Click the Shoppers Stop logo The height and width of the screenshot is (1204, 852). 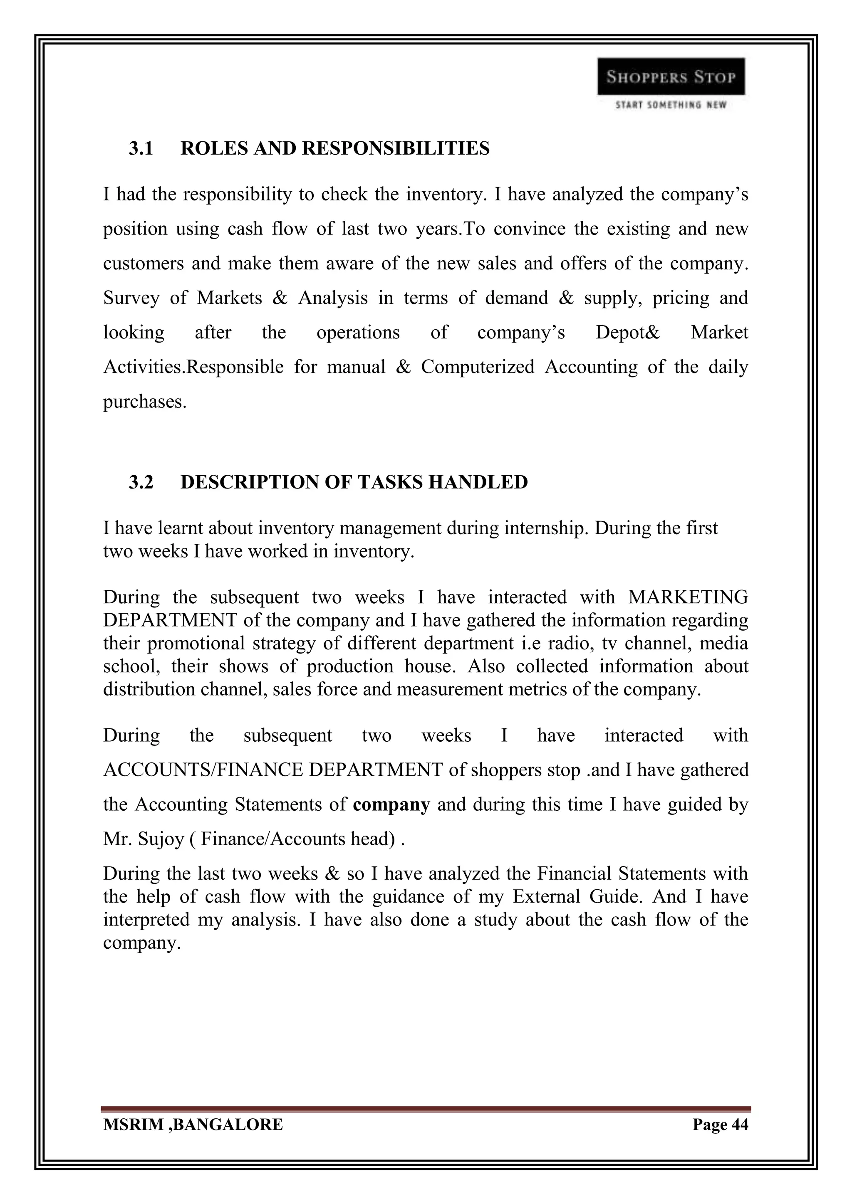671,76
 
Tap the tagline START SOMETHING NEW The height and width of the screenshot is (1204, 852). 671,105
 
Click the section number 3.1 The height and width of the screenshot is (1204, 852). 141,149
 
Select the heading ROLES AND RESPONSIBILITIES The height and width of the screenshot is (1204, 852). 335,149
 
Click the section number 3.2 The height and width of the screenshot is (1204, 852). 141,482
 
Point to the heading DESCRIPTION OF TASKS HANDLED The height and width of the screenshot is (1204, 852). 354,482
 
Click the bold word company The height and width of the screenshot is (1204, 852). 391,804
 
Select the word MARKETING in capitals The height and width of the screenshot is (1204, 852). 688,597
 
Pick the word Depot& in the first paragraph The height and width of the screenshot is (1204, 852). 627,333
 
